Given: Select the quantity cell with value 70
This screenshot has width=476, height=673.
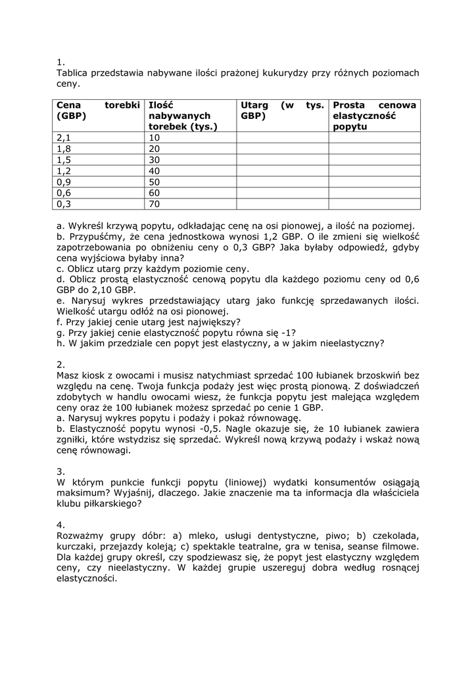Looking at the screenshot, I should point(155,204).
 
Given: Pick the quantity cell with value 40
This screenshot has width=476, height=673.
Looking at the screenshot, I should point(155,171).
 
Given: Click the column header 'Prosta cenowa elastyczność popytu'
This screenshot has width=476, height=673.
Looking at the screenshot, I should point(374,116).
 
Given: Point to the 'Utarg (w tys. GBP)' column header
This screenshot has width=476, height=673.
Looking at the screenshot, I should point(282,110).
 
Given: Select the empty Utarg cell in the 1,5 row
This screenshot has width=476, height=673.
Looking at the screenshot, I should point(282,160).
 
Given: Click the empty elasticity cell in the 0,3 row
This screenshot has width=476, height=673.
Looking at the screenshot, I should point(374,204).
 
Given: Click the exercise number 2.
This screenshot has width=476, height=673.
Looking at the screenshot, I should point(61,364).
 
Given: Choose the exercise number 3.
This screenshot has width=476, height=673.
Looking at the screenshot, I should point(61,471).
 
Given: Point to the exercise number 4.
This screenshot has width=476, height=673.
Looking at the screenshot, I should point(61,525).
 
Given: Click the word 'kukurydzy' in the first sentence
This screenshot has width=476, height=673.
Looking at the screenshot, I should point(285,73).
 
